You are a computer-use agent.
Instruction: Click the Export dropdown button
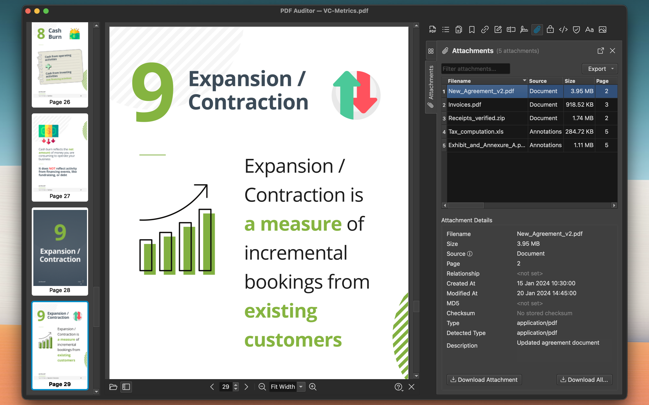tap(600, 69)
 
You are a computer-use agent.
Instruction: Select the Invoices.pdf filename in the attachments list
tap(464, 104)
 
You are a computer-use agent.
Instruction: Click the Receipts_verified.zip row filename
tap(476, 118)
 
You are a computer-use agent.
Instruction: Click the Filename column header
tap(459, 81)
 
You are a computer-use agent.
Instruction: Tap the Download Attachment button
tap(484, 380)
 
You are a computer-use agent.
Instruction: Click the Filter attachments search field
tap(475, 69)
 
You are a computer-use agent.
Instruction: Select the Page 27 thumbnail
tap(60, 157)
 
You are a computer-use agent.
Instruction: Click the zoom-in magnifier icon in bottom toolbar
tap(313, 387)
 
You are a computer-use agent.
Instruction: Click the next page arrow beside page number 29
tap(246, 387)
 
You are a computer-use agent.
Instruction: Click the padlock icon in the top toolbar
tap(550, 29)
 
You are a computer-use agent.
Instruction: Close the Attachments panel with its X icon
tap(612, 51)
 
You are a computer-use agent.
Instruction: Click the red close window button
tap(28, 11)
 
